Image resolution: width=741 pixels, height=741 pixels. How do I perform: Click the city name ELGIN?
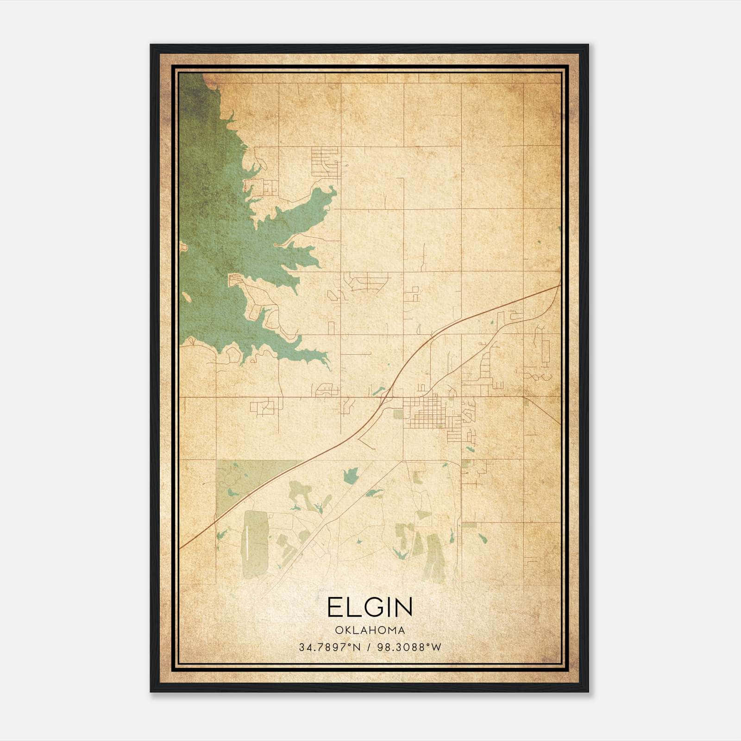point(370,607)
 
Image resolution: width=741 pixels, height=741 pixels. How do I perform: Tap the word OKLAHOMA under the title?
point(370,630)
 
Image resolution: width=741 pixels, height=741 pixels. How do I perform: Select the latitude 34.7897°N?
point(329,647)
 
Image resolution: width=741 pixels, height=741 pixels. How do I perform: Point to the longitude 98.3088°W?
point(409,647)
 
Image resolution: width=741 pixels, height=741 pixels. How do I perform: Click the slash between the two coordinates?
point(369,647)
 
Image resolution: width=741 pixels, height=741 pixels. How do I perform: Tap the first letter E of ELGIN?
point(334,607)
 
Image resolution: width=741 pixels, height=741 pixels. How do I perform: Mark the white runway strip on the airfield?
point(249,544)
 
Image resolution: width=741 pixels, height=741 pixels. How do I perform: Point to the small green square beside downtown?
point(398,414)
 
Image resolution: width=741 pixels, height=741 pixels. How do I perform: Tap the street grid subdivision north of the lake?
point(325,162)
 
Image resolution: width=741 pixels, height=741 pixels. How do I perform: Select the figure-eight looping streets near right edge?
point(537,376)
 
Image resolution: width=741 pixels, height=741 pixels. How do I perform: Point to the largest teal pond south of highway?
point(351,475)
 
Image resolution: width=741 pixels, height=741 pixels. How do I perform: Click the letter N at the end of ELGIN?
point(404,607)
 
